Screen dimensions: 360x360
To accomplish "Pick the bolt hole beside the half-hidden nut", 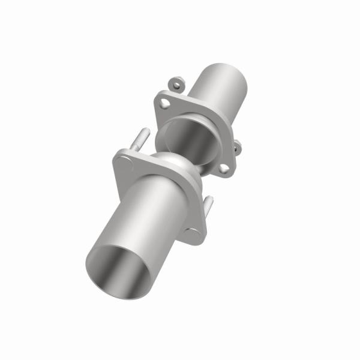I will click(224, 169).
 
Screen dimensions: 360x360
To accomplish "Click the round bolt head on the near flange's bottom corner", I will click(195, 235).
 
